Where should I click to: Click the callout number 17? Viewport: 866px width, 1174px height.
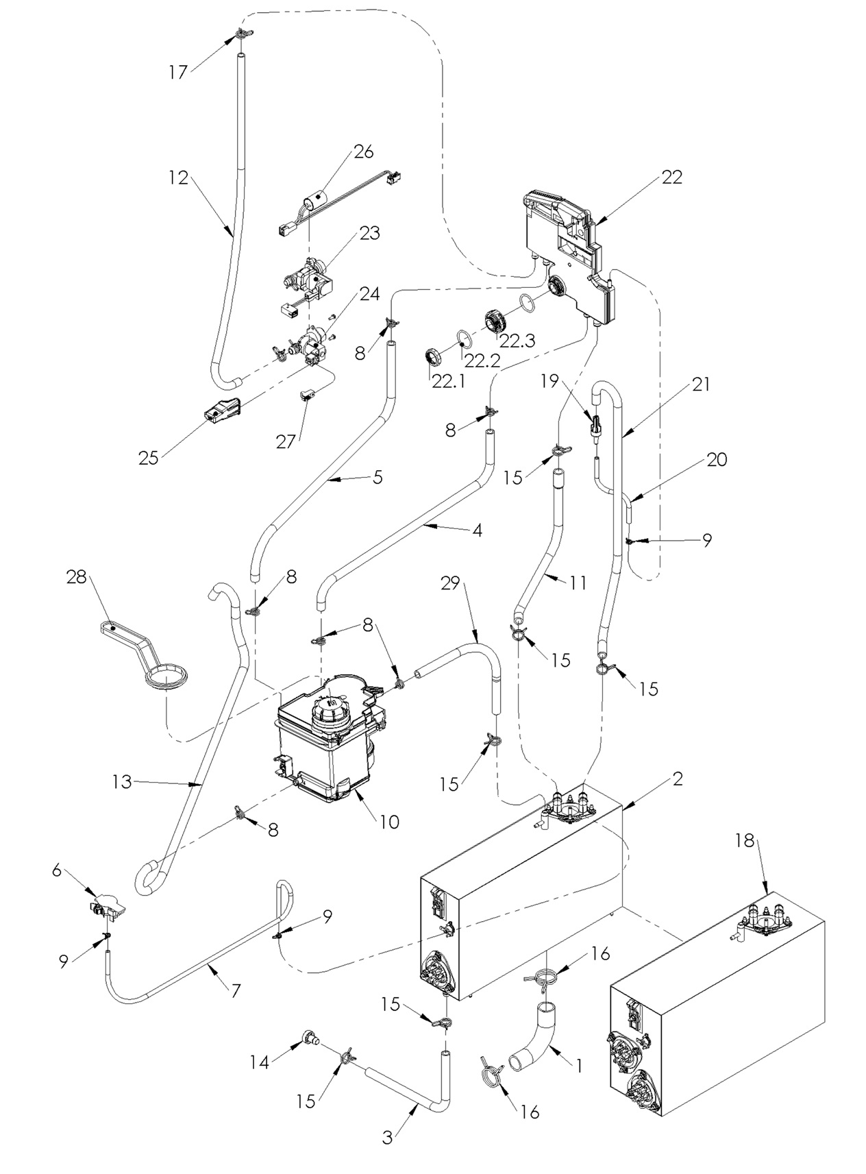[178, 71]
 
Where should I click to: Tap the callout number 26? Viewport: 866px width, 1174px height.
[364, 151]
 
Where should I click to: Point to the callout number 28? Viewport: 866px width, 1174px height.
[77, 577]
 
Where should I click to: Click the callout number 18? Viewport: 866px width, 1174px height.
[745, 840]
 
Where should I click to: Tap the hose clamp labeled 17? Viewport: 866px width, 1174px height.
[242, 33]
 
